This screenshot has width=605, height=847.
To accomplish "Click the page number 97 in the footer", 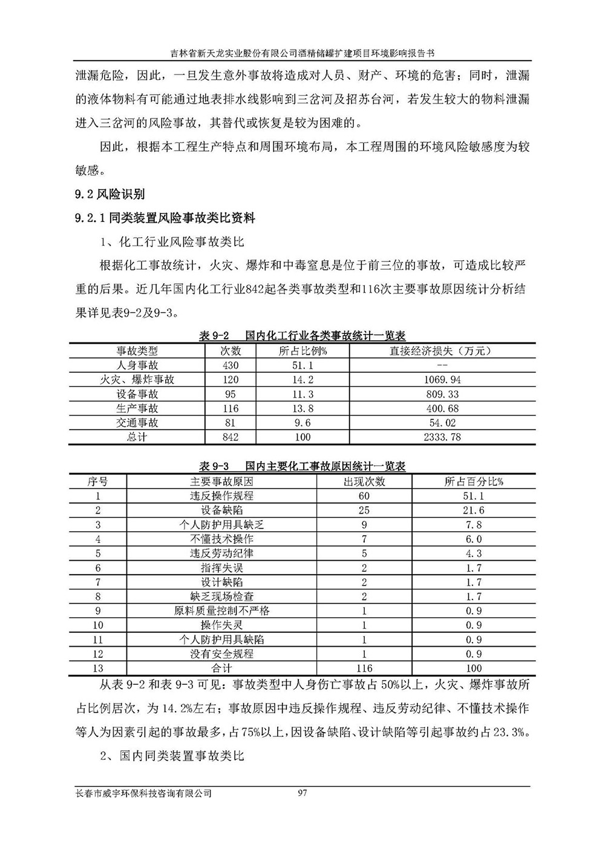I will click(x=303, y=793).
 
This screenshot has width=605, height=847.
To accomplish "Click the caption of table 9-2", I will click(x=302, y=336).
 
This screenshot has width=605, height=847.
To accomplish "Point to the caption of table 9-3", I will click(x=302, y=466).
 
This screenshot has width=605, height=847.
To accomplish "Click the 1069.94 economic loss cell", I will click(x=442, y=380).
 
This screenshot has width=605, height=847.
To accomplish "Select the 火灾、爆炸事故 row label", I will click(x=137, y=380).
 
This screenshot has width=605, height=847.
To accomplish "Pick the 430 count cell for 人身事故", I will click(x=231, y=365).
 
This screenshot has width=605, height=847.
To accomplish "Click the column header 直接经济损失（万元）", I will click(x=442, y=351).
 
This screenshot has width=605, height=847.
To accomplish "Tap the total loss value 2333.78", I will click(x=442, y=437).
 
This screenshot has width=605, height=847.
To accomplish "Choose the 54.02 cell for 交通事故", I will click(x=442, y=423).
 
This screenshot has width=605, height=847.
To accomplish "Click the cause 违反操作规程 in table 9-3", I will click(x=221, y=496).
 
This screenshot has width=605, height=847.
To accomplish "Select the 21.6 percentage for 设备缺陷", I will click(x=474, y=511).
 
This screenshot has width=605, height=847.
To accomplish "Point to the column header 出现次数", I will click(x=364, y=482).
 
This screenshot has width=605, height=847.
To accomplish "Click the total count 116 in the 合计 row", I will click(x=364, y=669).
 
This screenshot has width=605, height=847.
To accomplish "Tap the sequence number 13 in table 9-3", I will click(x=98, y=669).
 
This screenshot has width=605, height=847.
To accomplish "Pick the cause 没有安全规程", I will click(x=221, y=654).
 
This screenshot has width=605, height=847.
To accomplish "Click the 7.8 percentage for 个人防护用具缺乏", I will click(x=474, y=525).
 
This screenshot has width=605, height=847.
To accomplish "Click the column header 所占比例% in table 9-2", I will click(x=302, y=351).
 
